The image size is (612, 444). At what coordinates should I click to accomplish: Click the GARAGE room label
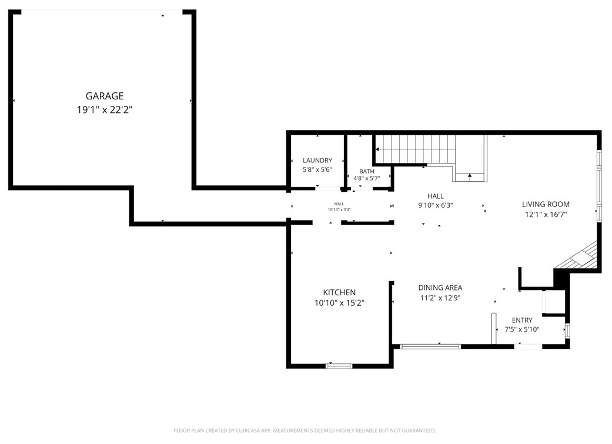pyautogui.click(x=105, y=96)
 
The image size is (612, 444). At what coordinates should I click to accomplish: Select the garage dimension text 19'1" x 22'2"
pyautogui.click(x=105, y=109)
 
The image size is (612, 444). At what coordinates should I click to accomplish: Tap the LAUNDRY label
pyautogui.click(x=317, y=161)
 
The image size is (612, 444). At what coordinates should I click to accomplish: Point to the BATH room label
pyautogui.click(x=366, y=171)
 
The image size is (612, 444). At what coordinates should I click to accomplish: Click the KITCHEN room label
pyautogui.click(x=339, y=292)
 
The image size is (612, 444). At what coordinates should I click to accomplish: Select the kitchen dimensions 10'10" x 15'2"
pyautogui.click(x=339, y=303)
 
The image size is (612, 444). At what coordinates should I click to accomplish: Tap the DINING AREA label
pyautogui.click(x=440, y=288)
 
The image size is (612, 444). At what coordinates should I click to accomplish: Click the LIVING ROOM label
pyautogui.click(x=546, y=204)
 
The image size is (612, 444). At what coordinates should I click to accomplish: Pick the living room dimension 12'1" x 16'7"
pyautogui.click(x=546, y=215)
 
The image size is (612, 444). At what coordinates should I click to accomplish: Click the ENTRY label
pyautogui.click(x=522, y=320)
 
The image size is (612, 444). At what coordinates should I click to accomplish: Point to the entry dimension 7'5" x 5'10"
pyautogui.click(x=522, y=329)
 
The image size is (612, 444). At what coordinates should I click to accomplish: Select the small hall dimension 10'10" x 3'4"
pyautogui.click(x=339, y=210)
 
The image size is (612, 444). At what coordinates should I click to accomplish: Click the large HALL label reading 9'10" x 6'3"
pyautogui.click(x=435, y=205)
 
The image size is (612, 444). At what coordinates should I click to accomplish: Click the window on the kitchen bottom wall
pyautogui.click(x=339, y=366)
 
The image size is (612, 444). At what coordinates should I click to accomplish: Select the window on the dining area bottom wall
pyautogui.click(x=430, y=346)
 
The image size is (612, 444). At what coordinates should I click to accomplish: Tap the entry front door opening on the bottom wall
pyautogui.click(x=529, y=347)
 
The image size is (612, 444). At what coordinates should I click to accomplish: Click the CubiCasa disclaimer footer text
pyautogui.click(x=305, y=430)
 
